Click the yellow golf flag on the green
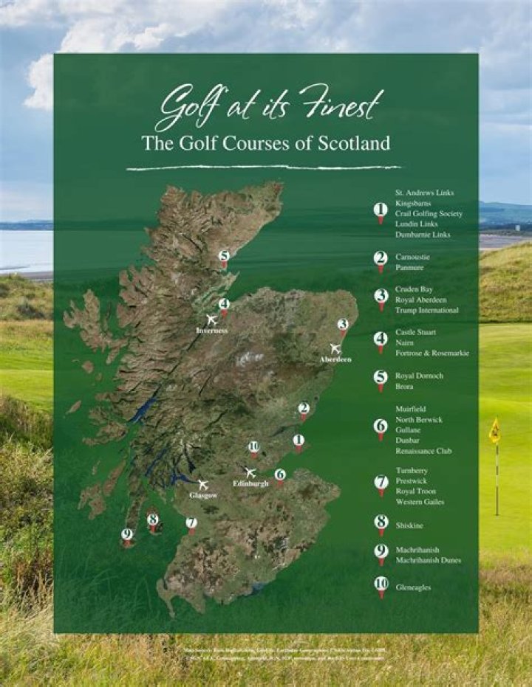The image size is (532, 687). tap(494, 431)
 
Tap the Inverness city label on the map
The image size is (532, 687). tap(211, 331)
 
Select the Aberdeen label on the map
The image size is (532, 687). tap(335, 359)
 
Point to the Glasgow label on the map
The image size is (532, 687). tap(202, 495)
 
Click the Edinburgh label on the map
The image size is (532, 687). tap(250, 483)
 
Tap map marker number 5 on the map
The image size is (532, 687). tap(224, 257)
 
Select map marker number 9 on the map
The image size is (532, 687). tap(127, 535)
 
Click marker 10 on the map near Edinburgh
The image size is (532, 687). tap(253, 446)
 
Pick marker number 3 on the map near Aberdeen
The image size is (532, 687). tap(342, 325)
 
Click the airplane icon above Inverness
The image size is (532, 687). tap(211, 320)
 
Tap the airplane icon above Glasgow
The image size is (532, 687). tap(202, 484)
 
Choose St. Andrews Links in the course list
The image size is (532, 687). tap(424, 193)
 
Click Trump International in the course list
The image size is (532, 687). tap(426, 311)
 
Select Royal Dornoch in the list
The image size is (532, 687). tap(419, 376)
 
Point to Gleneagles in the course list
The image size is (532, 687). tap(412, 587)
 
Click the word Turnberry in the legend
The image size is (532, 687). tap(412, 470)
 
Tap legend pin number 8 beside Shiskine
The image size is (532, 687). tap(381, 522)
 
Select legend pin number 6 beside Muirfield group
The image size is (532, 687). tap(381, 427)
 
